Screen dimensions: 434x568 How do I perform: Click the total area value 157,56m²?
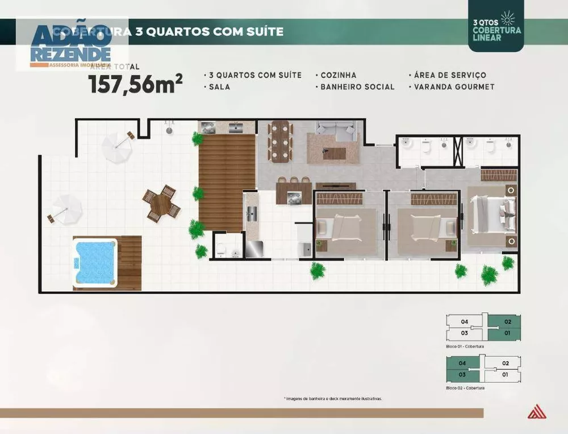(x=135, y=84)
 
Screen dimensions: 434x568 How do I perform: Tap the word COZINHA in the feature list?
(x=338, y=75)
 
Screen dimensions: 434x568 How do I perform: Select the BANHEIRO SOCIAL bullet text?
(x=357, y=87)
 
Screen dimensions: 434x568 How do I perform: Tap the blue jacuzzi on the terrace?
(x=95, y=262)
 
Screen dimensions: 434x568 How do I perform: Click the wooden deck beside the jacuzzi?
(x=130, y=262)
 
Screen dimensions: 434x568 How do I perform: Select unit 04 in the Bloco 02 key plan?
(x=462, y=363)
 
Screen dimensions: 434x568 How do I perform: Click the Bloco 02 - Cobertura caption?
(x=465, y=387)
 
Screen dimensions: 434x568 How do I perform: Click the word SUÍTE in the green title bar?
(x=264, y=31)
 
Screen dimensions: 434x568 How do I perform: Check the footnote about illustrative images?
(x=332, y=399)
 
